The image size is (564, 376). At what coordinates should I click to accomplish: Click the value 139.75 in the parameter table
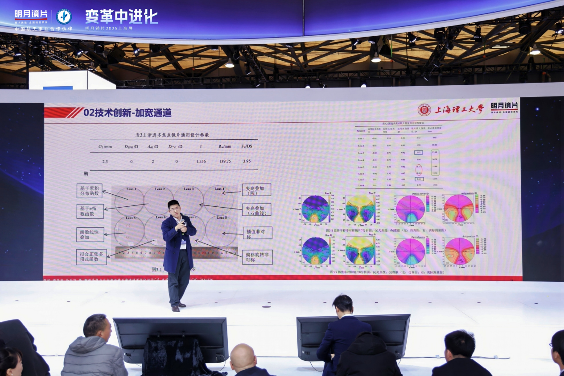[225, 161]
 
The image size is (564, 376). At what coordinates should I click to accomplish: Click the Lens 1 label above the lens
[131, 189]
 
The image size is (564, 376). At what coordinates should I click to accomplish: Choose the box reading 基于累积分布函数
[90, 191]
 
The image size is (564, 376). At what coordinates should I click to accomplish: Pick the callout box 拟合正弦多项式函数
[91, 257]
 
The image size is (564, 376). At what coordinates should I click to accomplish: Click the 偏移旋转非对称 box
[257, 257]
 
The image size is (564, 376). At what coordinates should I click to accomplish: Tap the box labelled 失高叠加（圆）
[256, 190]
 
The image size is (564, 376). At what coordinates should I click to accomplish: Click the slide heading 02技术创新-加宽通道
[127, 113]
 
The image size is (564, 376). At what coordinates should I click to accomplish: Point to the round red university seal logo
[424, 110]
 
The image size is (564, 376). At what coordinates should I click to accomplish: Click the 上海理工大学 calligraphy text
[459, 109]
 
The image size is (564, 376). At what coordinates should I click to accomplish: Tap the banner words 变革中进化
[122, 17]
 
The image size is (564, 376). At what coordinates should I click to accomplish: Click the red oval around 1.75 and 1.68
[418, 170]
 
